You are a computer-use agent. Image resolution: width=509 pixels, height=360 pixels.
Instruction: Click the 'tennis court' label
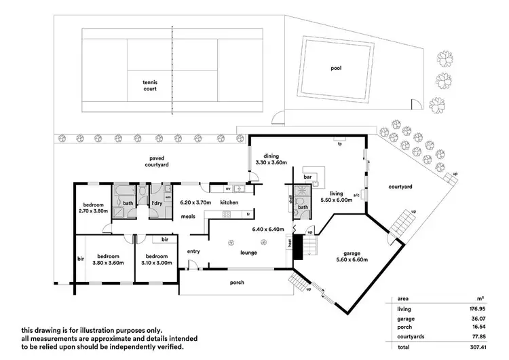[150, 84]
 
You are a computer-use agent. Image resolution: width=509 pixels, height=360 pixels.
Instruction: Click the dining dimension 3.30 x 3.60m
[271, 162]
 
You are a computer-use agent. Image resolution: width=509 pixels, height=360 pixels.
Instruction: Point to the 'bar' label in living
[307, 177]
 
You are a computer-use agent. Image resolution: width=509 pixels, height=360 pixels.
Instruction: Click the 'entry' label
[194, 251]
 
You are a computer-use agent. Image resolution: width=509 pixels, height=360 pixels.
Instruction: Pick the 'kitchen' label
[229, 202]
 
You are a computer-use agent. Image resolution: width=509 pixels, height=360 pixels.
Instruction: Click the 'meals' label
[189, 217]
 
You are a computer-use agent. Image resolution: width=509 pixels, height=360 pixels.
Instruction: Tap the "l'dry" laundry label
[156, 203]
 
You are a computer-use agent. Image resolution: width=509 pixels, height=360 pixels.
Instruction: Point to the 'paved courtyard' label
[159, 161]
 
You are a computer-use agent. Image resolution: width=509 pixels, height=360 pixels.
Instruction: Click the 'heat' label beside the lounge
[290, 242]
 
